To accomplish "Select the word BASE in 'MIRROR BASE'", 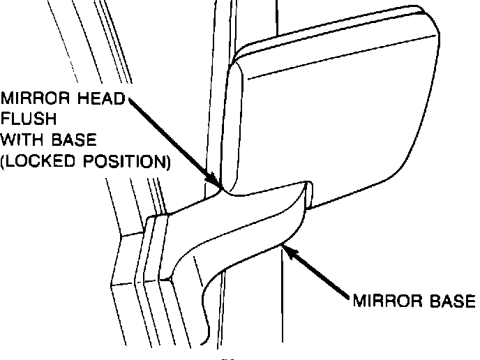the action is (x=449, y=301).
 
